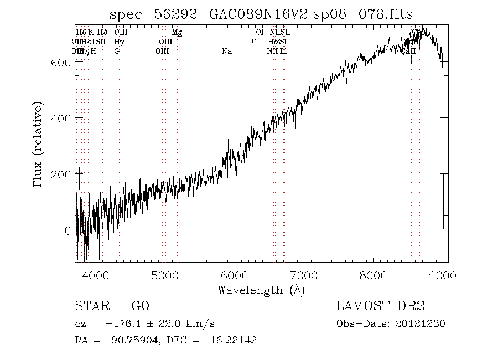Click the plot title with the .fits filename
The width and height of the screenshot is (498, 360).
[261, 15]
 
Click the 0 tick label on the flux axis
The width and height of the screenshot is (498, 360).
[68, 230]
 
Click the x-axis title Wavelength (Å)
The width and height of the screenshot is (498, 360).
[261, 289]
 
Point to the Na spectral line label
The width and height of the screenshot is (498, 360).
[226, 51]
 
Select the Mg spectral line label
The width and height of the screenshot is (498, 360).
[177, 32]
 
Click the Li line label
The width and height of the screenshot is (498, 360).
[283, 51]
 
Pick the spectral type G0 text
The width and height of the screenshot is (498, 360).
[140, 306]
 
